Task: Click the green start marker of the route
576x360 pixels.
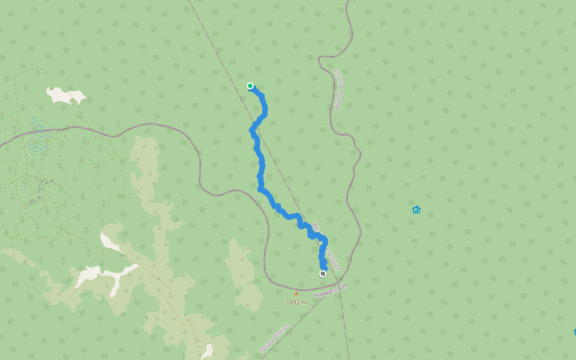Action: coord(250,86)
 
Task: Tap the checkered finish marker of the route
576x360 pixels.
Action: coord(323,274)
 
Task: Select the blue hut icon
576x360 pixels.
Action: coord(416,209)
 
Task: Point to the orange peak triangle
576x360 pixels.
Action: coord(296,293)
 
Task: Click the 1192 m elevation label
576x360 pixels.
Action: coord(296,302)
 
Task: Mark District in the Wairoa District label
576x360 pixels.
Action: coord(337,80)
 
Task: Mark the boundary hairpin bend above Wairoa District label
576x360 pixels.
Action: coord(324,59)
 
